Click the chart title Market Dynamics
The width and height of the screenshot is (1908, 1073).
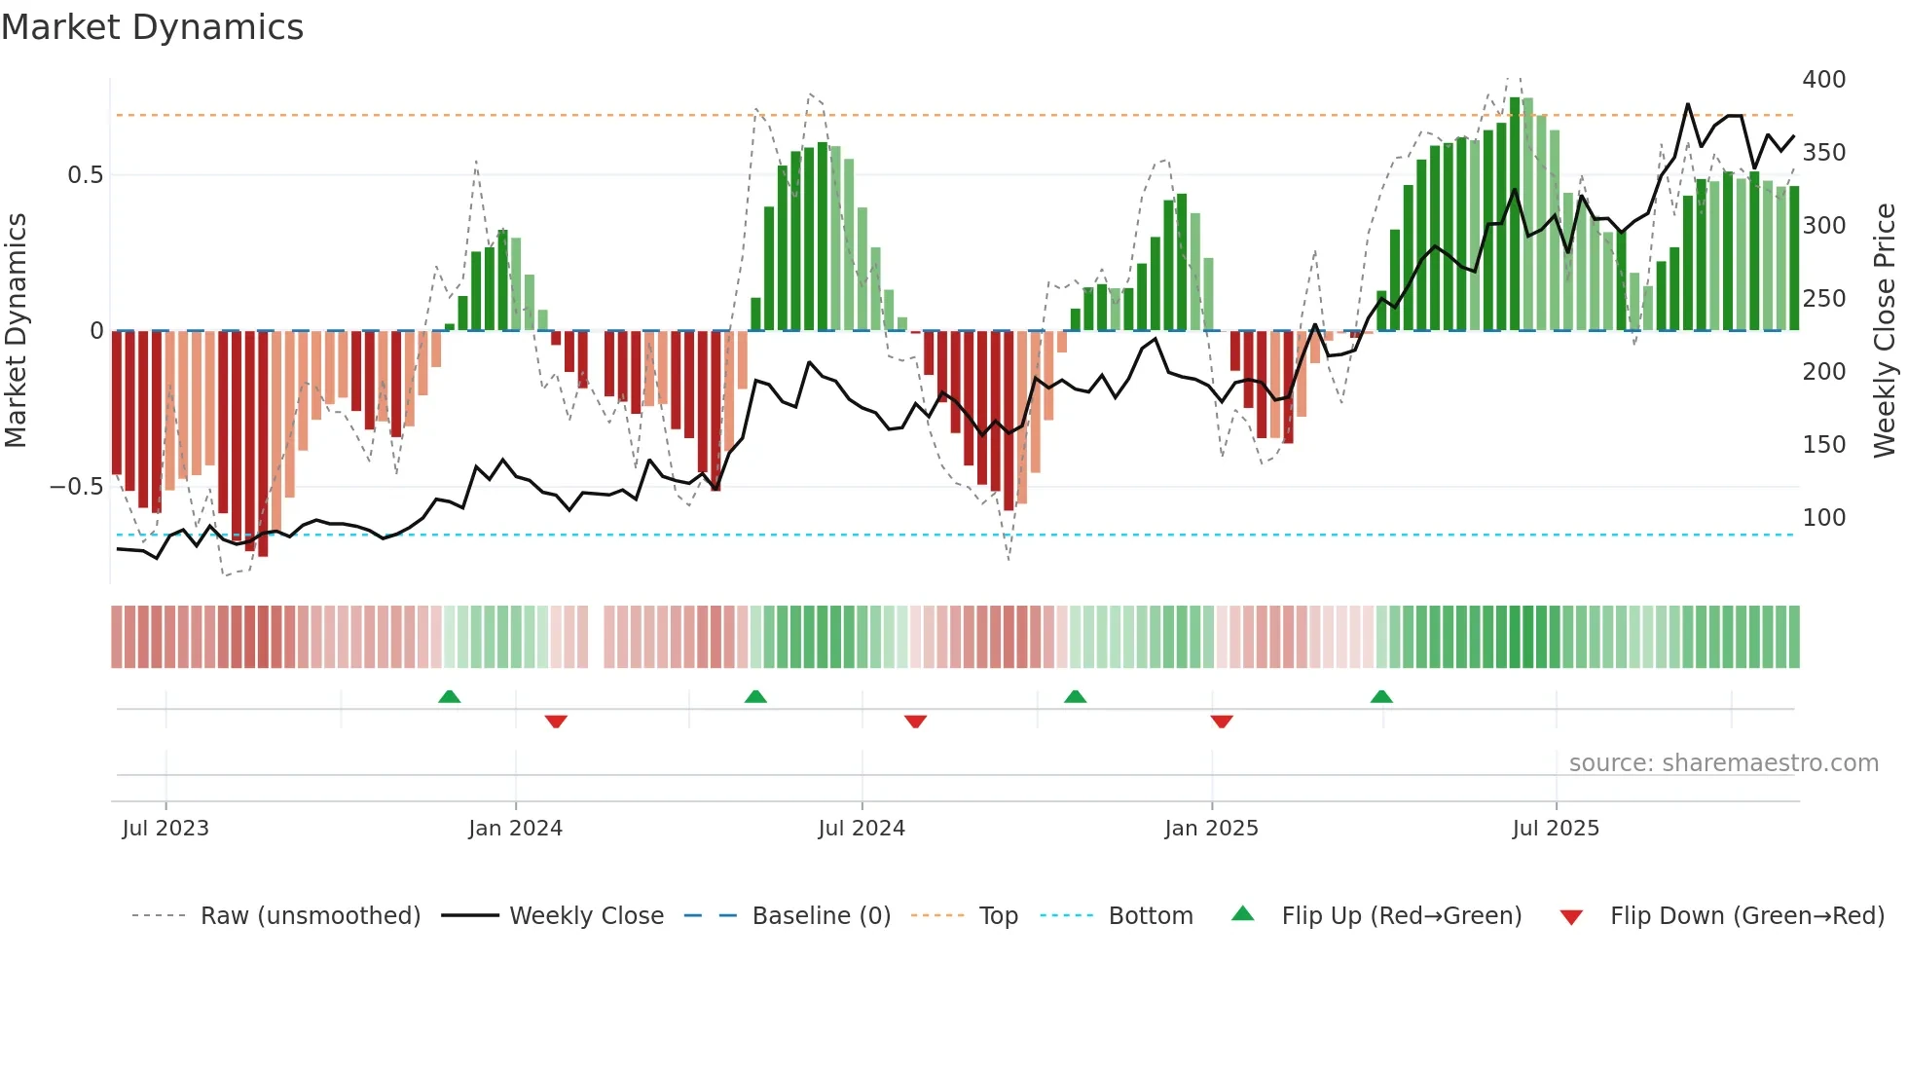[152, 27]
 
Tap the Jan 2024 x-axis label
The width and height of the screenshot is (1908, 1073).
[515, 829]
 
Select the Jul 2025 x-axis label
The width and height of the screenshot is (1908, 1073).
[1555, 829]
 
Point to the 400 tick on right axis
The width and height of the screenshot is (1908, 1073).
[1823, 80]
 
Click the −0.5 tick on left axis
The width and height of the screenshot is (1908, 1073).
[77, 487]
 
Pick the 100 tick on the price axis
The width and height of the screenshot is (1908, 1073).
[1823, 518]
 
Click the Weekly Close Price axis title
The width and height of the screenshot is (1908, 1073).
[1885, 331]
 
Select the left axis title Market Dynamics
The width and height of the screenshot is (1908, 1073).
[16, 331]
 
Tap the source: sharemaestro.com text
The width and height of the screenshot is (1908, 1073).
[1723, 763]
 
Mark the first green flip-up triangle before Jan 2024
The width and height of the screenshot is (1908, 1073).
[449, 697]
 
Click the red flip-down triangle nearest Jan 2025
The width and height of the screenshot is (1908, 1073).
[1222, 721]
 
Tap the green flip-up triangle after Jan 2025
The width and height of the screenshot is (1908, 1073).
[1381, 697]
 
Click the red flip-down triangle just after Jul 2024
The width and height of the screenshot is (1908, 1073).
[915, 721]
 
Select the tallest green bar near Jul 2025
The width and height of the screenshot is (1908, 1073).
[1515, 214]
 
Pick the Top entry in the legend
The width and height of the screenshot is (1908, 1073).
[998, 916]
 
